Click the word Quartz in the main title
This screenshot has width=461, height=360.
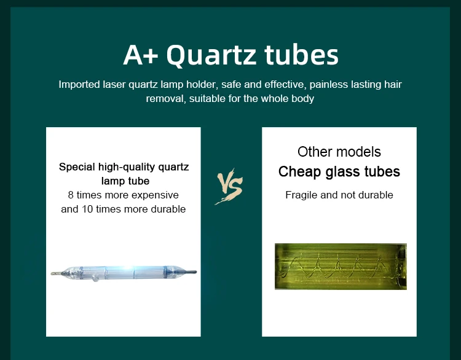(x=211, y=55)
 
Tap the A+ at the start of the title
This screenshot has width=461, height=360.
(x=141, y=55)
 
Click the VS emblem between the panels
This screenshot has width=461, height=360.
(x=229, y=186)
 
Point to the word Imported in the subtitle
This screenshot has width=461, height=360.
(x=79, y=85)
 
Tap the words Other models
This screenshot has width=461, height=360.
(x=339, y=152)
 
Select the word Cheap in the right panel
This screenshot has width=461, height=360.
(x=299, y=171)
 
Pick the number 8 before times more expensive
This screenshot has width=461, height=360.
(x=71, y=195)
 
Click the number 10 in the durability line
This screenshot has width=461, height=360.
(x=87, y=209)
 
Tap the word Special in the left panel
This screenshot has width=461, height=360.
(x=77, y=167)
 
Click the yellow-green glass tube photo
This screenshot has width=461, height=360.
(x=341, y=267)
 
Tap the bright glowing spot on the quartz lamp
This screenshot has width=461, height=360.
(x=127, y=269)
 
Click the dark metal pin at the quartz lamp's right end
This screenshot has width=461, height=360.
(x=190, y=272)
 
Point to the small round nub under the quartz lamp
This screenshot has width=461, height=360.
(x=95, y=278)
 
